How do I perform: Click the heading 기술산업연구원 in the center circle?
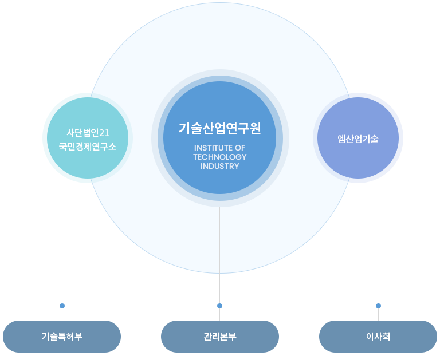219,128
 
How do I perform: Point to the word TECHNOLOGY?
219,157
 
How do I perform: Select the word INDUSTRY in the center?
219,166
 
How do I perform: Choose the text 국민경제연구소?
88,146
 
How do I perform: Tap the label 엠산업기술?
358,139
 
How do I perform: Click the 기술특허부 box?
62,337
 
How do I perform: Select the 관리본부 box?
220,337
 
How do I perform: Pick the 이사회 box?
378,337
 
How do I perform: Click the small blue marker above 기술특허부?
62,305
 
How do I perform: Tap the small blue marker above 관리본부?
219,305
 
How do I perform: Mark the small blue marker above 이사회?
378,305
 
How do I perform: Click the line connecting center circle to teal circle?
140,139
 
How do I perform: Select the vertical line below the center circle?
219,240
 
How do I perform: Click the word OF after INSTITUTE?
239,148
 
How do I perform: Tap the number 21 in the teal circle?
104,133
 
